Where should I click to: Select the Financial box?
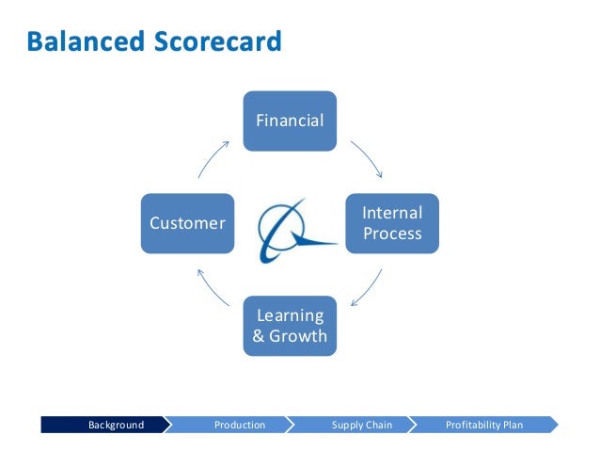click(x=291, y=121)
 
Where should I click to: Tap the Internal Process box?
click(x=392, y=223)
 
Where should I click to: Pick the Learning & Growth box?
click(x=291, y=326)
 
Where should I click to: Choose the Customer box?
click(x=188, y=223)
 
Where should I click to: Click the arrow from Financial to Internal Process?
click(x=367, y=158)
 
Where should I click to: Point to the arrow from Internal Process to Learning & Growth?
click(x=367, y=287)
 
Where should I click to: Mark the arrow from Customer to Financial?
click(x=213, y=158)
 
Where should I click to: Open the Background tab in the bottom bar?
click(x=116, y=426)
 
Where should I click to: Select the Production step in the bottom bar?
click(x=240, y=426)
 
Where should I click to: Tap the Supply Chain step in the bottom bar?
click(x=362, y=426)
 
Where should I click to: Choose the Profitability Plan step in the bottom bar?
click(x=484, y=426)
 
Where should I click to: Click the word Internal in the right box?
click(x=392, y=213)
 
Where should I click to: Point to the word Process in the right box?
click(x=392, y=234)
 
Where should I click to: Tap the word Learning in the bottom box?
click(x=291, y=315)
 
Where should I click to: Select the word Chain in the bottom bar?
click(x=378, y=426)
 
